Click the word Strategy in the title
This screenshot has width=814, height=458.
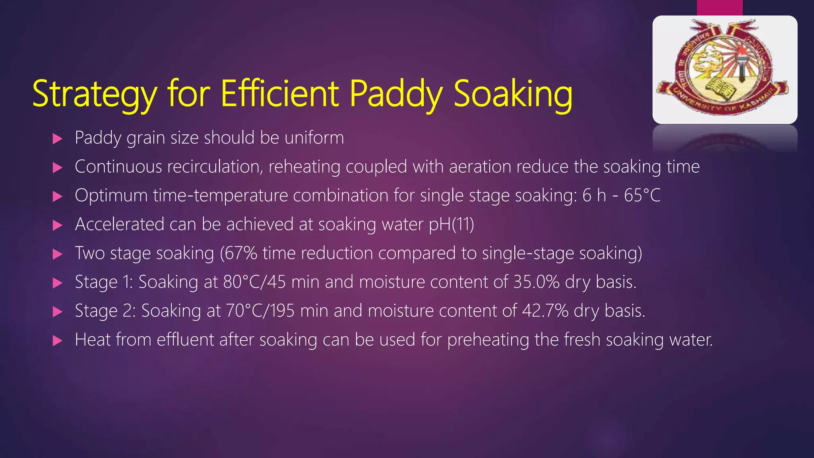pyautogui.click(x=95, y=95)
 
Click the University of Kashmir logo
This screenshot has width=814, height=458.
pyautogui.click(x=725, y=70)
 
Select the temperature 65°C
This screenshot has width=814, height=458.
pyautogui.click(x=642, y=195)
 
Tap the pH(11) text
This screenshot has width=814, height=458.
pyautogui.click(x=452, y=225)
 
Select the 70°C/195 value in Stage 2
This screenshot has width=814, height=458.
pyautogui.click(x=260, y=311)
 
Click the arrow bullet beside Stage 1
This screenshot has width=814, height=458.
pyautogui.click(x=58, y=283)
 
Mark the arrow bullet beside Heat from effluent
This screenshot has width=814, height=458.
pyautogui.click(x=58, y=341)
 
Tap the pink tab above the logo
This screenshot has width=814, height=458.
pyautogui.click(x=719, y=8)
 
